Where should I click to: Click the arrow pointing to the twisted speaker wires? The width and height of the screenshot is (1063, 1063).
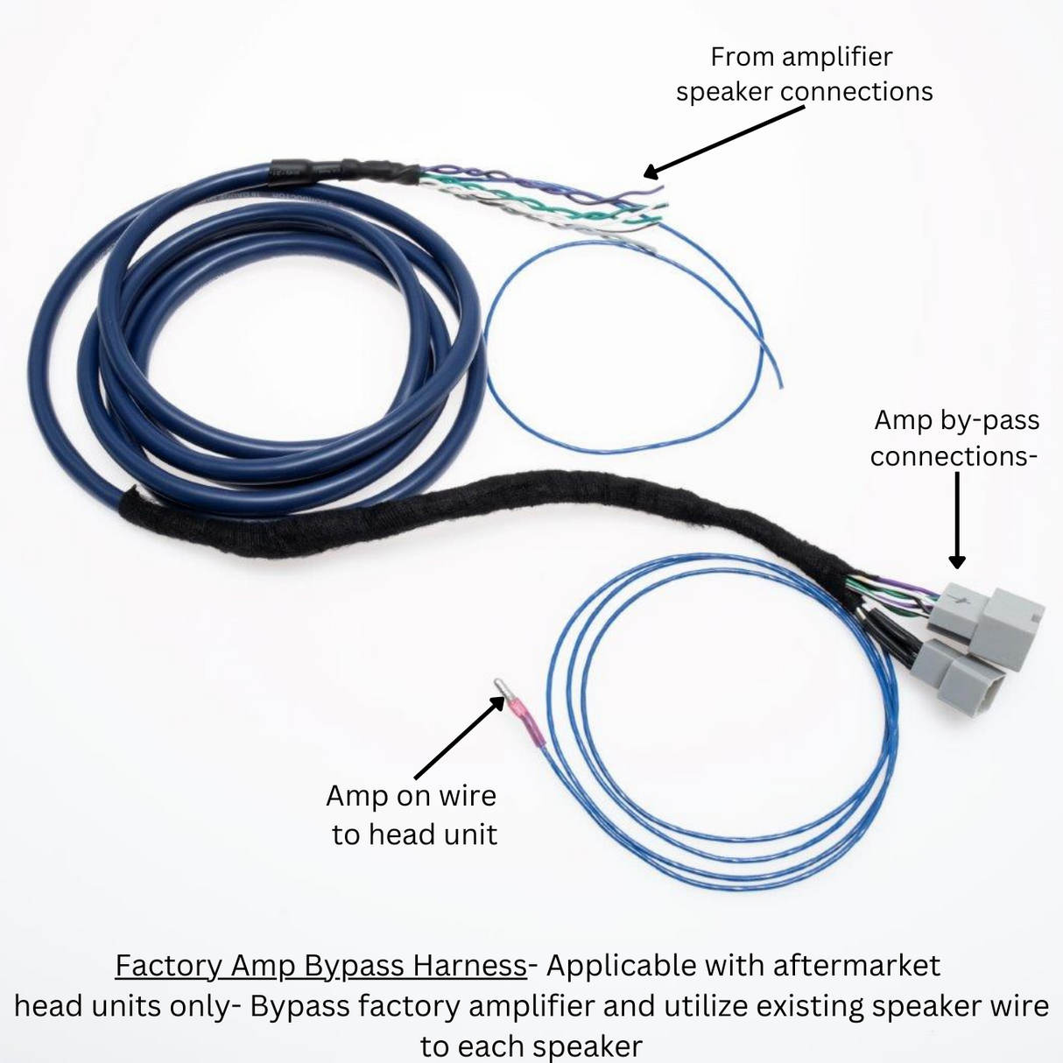[x=724, y=143]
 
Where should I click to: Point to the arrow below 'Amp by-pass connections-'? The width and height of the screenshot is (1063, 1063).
[x=957, y=520]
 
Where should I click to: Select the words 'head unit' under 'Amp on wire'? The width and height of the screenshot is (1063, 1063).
[x=433, y=834]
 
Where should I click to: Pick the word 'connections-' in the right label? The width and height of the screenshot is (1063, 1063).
[x=954, y=457]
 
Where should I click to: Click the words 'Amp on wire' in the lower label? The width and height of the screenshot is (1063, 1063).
[x=411, y=795]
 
